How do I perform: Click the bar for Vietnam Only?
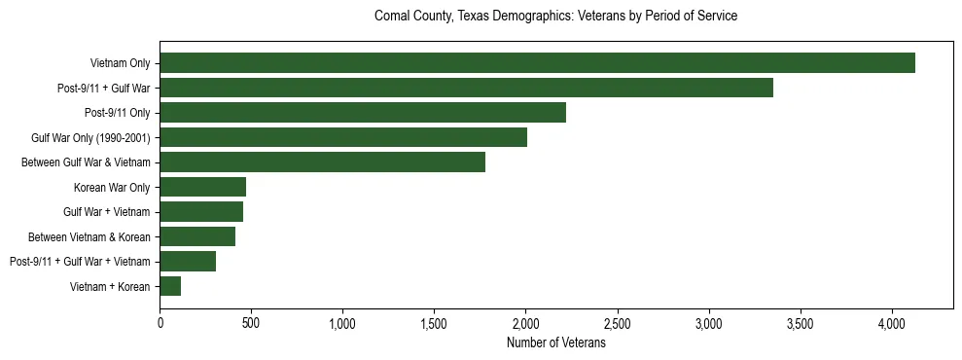537,63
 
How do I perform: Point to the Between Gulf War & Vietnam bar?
322,162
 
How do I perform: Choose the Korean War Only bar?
202,187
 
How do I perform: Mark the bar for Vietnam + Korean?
170,286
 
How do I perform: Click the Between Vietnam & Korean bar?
197,236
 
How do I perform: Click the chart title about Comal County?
555,17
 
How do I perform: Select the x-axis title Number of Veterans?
555,343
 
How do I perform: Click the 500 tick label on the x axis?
251,323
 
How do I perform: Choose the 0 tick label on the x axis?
160,323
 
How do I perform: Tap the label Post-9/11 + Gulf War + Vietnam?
80,262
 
